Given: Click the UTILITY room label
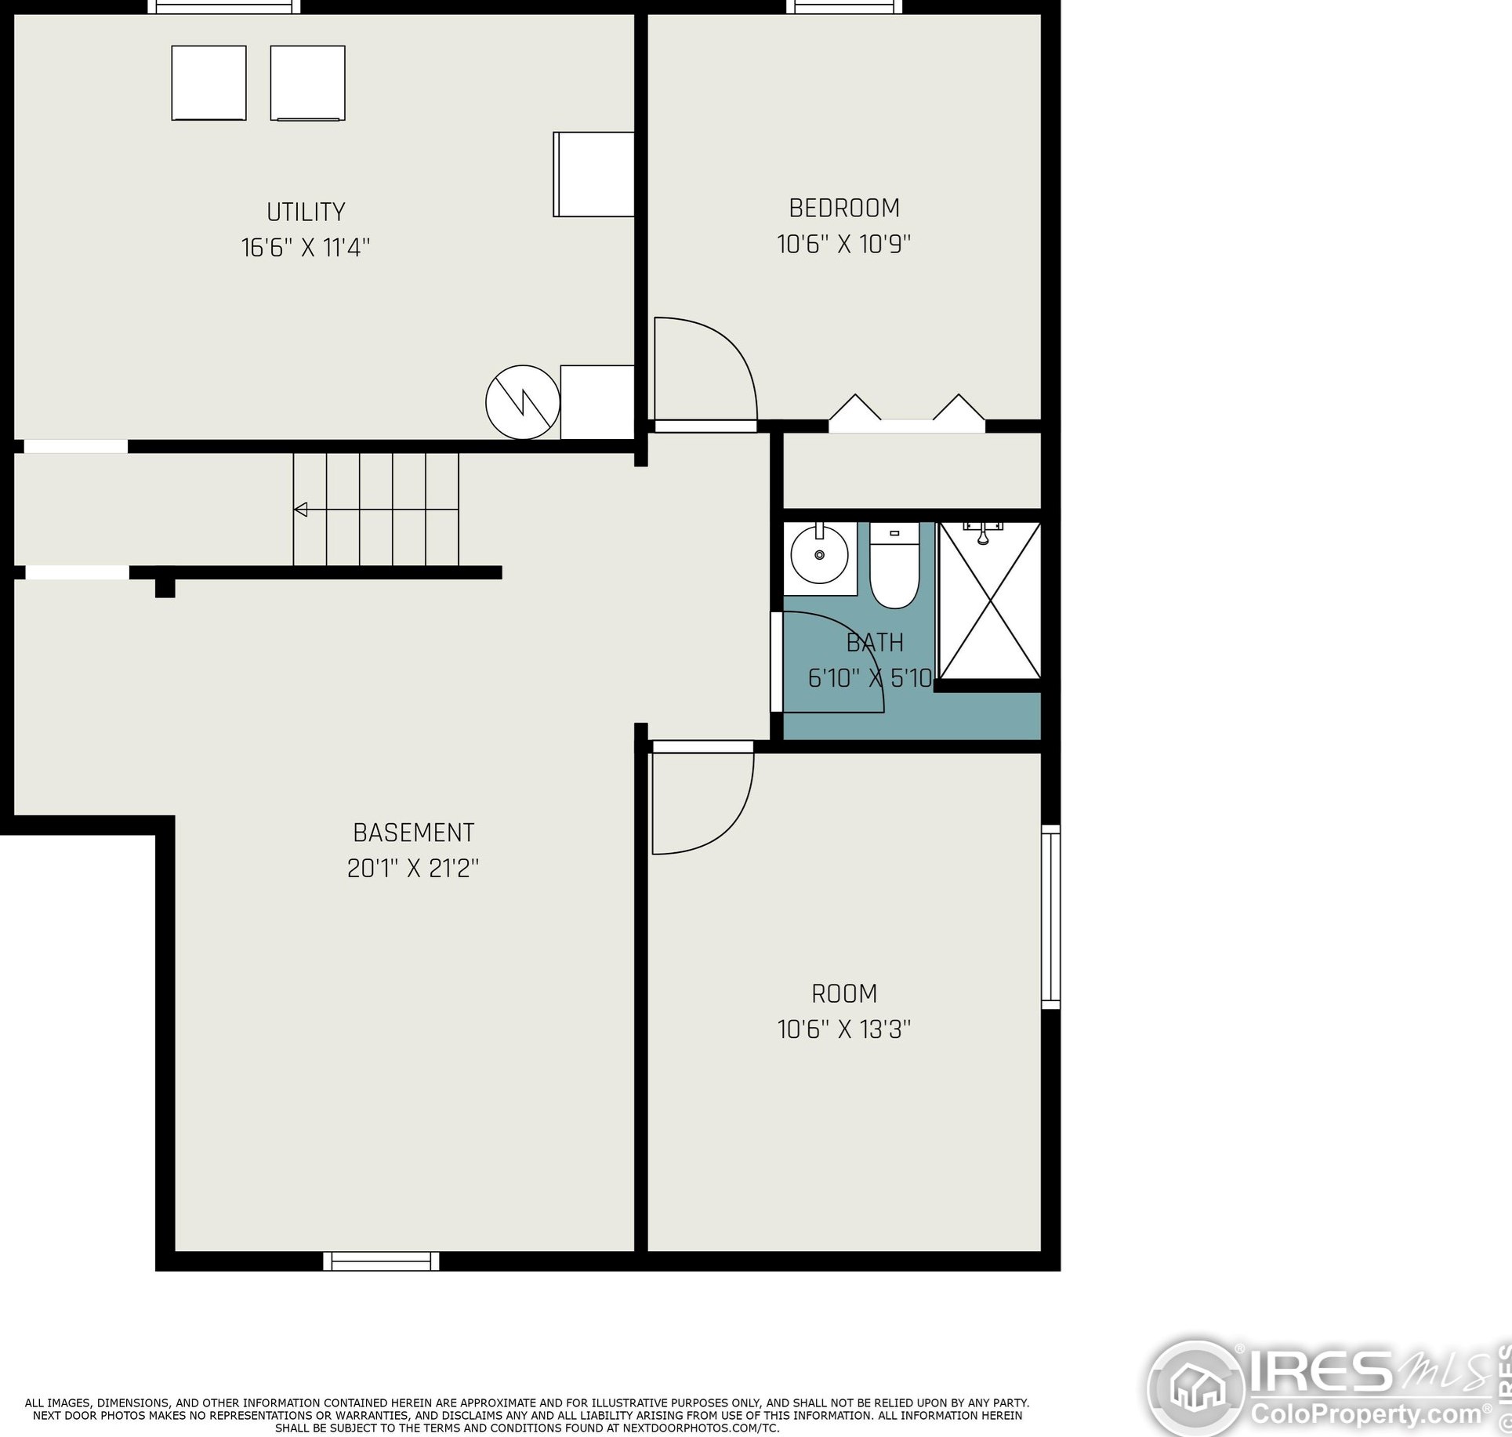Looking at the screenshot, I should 306,212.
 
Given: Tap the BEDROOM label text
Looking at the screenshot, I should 844,209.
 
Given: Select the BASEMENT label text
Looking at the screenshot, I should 414,833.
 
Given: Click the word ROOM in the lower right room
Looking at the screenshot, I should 844,994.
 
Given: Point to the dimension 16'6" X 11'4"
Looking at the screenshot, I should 306,249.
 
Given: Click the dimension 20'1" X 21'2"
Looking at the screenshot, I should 413,869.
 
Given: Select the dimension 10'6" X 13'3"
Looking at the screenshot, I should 844,1029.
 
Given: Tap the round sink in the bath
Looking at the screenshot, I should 819,554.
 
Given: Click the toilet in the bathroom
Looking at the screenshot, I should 894,568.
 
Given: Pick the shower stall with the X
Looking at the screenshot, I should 990,602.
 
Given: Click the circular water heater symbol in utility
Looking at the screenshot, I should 523,402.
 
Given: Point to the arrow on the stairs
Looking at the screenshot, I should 300,510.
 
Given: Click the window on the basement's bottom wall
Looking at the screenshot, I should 381,1261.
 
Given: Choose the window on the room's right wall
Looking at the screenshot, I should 1050,916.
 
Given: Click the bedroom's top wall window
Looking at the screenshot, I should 844,7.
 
